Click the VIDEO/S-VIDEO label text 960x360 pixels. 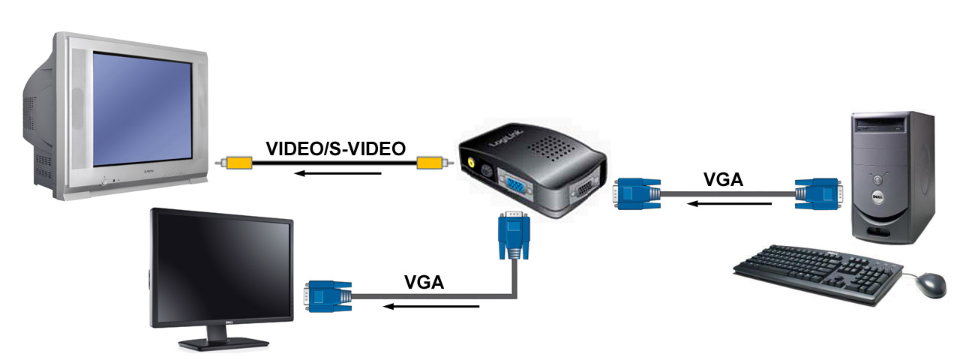335,148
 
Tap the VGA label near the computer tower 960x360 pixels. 723,179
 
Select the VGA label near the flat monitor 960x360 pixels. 424,282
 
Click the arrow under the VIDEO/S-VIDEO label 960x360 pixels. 337,173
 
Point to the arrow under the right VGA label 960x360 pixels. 730,203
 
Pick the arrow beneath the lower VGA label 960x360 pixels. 430,307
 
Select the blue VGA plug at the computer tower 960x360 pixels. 818,194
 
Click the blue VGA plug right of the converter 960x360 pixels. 637,194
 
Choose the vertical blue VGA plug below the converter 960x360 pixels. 514,235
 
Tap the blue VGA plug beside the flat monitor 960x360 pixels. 328,296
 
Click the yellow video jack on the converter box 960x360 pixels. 470,163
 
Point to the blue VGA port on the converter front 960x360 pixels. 515,185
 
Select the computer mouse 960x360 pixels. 931,285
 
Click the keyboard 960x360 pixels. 817,274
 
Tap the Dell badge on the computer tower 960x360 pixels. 877,196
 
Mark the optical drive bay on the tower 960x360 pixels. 880,125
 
